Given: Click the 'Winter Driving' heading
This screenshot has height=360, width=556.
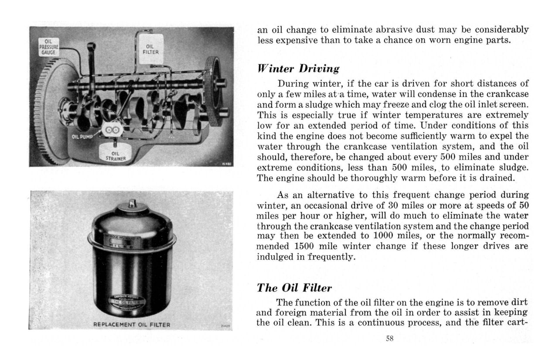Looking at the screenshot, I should [x=298, y=69].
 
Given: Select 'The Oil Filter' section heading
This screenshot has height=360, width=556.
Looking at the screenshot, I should [x=294, y=288].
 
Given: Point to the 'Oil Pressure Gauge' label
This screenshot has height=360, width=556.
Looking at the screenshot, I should [x=48, y=46].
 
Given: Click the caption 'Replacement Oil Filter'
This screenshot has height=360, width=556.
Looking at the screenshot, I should [x=132, y=324].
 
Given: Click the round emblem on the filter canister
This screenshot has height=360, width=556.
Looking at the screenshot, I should [x=132, y=302].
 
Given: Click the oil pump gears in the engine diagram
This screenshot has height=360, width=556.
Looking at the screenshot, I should [x=113, y=130].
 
